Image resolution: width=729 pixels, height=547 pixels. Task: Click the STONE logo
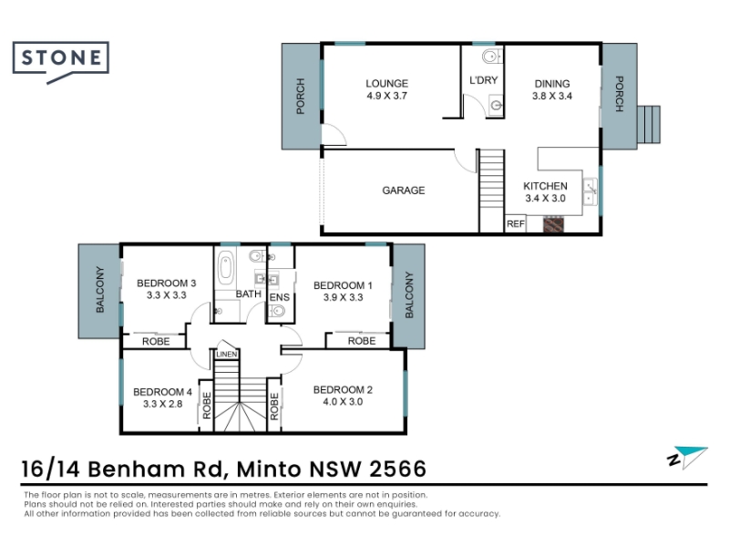(x=61, y=62)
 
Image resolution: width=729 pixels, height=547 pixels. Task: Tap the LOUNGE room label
(x=386, y=84)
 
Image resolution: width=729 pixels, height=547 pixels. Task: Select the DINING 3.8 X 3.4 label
(x=552, y=89)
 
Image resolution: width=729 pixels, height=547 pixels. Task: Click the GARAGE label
(x=404, y=191)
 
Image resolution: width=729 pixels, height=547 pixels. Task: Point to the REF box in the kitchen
(x=516, y=223)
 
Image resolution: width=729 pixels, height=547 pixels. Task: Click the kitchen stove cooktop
(x=554, y=223)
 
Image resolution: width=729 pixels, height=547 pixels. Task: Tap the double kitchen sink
(x=590, y=191)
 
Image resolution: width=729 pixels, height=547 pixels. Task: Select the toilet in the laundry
(x=491, y=57)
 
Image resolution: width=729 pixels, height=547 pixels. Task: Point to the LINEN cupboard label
(x=227, y=355)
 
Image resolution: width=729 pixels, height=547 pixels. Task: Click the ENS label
(x=280, y=297)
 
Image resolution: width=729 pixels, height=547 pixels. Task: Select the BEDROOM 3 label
(x=167, y=284)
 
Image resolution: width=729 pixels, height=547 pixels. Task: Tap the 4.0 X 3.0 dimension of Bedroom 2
(x=343, y=402)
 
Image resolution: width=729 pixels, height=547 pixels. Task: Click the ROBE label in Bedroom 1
(x=362, y=341)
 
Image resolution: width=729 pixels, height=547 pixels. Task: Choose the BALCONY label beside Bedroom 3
(x=100, y=289)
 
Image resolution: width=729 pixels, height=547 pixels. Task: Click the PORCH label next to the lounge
(x=301, y=97)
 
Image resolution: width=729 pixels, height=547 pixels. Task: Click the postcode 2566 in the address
(x=397, y=469)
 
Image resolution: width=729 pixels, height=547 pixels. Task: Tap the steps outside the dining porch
(x=649, y=125)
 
